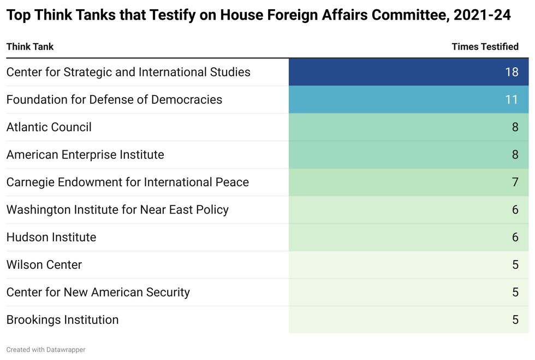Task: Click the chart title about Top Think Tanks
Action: point(258,15)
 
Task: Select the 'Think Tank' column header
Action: point(30,46)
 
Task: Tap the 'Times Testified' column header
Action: point(485,46)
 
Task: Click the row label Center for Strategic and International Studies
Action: point(128,72)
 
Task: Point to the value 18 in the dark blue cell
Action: point(512,72)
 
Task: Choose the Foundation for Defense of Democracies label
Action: point(114,99)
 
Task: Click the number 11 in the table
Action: point(512,99)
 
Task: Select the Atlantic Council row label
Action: point(49,127)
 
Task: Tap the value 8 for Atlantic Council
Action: point(515,127)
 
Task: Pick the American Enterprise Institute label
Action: point(85,155)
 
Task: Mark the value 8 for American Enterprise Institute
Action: point(515,155)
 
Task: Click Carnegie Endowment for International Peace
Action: point(128,182)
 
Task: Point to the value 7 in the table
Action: point(515,182)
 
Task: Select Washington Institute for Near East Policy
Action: point(117,210)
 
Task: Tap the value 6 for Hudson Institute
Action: point(515,237)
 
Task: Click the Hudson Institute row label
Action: point(51,237)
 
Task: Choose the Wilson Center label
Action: point(44,264)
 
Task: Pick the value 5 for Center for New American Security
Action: point(515,292)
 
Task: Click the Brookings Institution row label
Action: point(62,320)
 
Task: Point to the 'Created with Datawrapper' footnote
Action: point(46,350)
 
